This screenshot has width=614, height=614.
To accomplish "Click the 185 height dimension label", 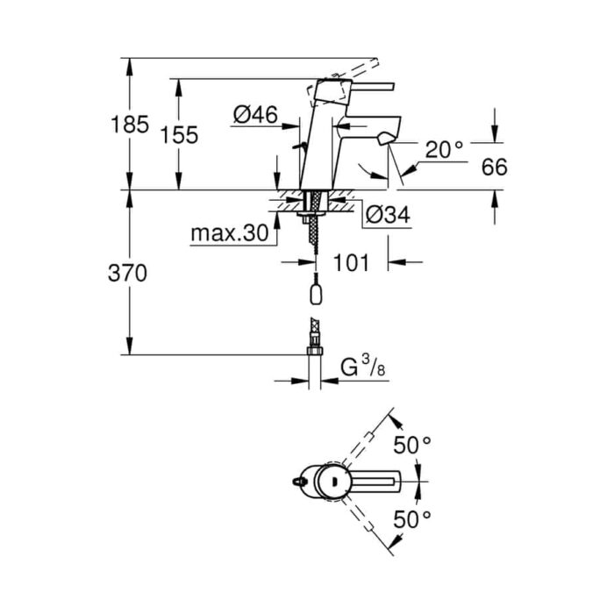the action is click(130, 125).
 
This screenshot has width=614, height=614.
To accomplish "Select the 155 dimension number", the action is click(179, 135).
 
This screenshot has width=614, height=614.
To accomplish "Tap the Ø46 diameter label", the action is click(255, 115).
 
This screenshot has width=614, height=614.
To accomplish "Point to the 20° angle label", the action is click(444, 149).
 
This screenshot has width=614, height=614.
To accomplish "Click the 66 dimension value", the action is click(494, 168).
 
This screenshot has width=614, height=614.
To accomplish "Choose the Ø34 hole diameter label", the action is click(388, 215).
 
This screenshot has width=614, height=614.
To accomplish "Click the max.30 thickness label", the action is click(230, 233).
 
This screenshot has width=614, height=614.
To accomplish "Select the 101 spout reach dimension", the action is click(351, 262).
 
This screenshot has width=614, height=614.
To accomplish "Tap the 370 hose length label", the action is click(128, 273).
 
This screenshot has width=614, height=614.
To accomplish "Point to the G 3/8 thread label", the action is click(363, 368).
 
